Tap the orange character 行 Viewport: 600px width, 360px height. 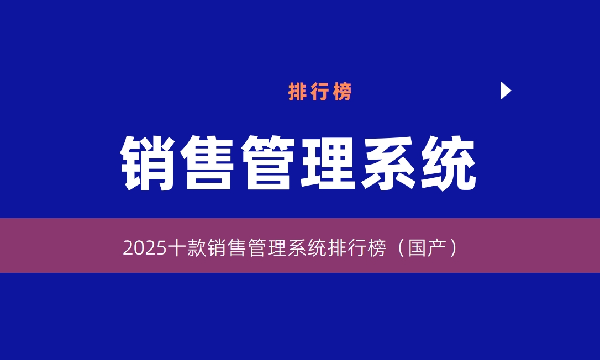click(x=320, y=92)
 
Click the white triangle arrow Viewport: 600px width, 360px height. click(x=505, y=91)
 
